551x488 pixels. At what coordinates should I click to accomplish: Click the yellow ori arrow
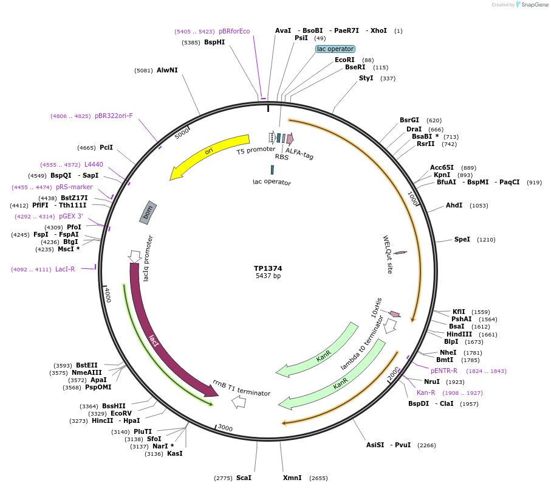coord(210,151)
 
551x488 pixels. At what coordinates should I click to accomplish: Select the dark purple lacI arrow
coord(154,341)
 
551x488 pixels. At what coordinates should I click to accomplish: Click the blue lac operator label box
coord(335,49)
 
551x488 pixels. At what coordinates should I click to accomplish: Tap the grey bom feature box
coord(148,212)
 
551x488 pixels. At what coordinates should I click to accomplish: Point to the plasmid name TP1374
coord(268,268)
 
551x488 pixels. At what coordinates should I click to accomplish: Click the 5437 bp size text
coord(268,276)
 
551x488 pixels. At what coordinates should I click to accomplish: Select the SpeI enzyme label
coord(462,240)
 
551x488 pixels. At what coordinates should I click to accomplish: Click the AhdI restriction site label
coord(454,206)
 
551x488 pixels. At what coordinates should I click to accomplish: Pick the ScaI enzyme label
coord(244,478)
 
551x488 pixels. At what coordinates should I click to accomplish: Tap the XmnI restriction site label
coord(292,478)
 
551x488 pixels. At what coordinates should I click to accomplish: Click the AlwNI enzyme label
coord(167,70)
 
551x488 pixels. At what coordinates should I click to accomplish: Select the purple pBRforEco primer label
coord(234,31)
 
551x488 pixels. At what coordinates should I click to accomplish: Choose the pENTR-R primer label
coord(444,371)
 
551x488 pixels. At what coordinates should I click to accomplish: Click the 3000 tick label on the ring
coord(225,428)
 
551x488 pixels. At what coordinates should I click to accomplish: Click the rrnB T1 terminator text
coord(241,388)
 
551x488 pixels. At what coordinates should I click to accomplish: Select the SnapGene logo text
coord(534,5)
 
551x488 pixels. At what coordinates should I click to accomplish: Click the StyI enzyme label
coord(366,78)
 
